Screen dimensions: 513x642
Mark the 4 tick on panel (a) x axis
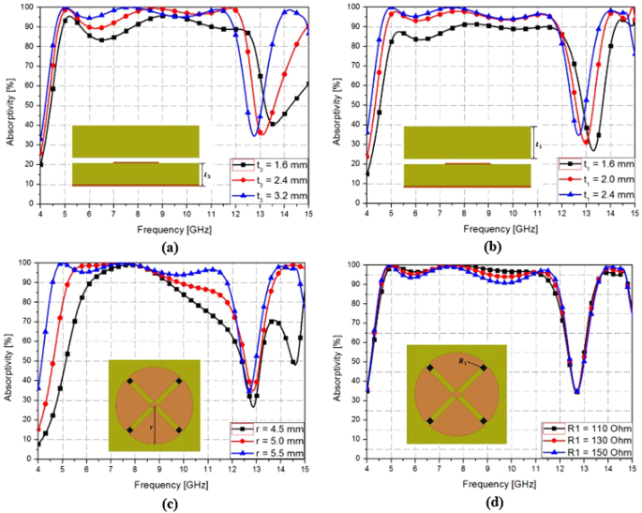tap(40, 214)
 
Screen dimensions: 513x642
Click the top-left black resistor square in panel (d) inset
tap(430, 368)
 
